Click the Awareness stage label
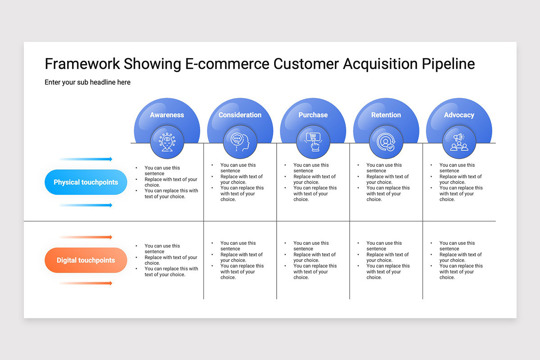tap(167, 115)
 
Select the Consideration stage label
tap(240, 115)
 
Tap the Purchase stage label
tap(313, 115)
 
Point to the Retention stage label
tap(386, 115)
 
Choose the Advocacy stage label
tap(459, 115)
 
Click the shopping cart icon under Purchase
tap(313, 142)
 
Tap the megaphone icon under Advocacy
tap(459, 142)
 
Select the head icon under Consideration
tap(240, 142)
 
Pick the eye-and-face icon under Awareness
tap(167, 142)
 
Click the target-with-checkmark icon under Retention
tap(386, 142)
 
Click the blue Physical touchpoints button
tap(86, 182)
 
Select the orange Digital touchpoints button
tap(86, 260)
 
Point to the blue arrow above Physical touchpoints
tap(86, 159)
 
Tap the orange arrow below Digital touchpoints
tap(86, 283)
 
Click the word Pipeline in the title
tap(448, 64)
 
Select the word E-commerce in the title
tap(227, 64)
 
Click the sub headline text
tap(87, 82)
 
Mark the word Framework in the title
tap(82, 64)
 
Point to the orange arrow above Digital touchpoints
tap(86, 237)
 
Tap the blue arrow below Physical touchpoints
tap(86, 205)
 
